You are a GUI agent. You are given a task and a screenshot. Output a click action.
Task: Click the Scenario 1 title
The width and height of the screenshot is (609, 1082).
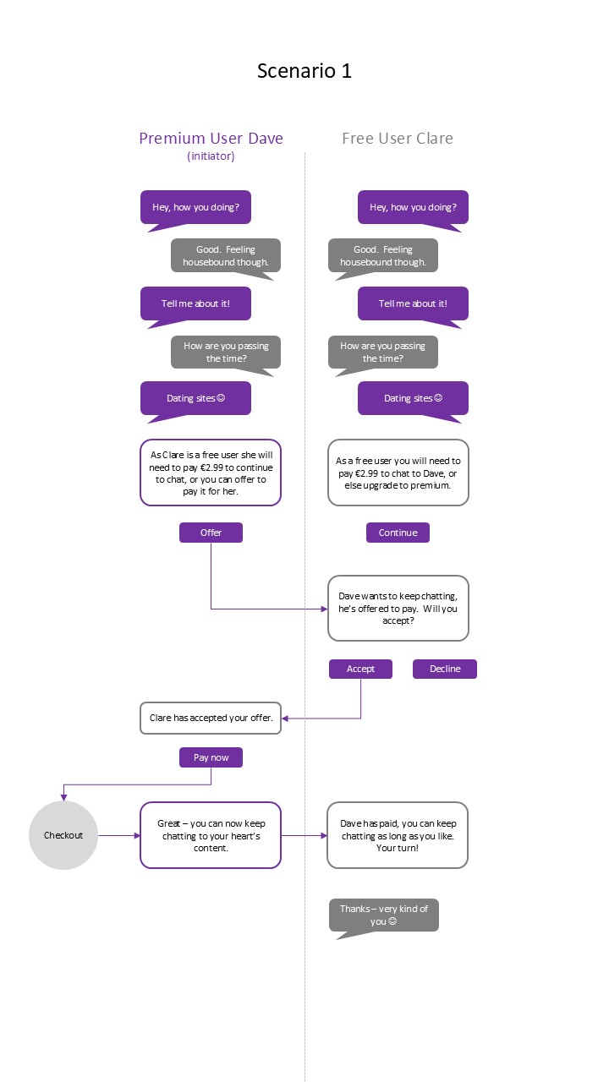point(304,71)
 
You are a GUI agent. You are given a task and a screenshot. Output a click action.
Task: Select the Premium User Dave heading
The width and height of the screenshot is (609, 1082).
point(211,138)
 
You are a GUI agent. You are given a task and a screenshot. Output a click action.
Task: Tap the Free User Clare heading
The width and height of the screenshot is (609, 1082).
point(398,138)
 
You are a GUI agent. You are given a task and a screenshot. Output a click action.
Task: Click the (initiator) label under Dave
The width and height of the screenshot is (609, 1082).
point(211,156)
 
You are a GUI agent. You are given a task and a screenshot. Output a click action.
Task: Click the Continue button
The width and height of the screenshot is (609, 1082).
point(398,533)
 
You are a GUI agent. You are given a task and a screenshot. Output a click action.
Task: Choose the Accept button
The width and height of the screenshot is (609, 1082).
point(360,669)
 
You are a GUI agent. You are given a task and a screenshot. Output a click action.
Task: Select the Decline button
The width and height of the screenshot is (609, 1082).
point(445,669)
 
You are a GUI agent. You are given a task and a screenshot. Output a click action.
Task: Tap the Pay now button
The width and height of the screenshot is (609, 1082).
point(211,757)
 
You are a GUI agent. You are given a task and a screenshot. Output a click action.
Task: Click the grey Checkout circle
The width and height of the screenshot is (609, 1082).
point(63,835)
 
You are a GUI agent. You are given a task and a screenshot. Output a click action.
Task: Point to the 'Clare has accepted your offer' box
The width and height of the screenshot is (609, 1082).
point(211,719)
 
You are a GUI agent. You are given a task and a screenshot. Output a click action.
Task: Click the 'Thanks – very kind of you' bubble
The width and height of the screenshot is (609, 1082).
point(384,915)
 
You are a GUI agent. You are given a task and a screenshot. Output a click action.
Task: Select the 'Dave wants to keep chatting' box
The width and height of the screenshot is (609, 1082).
point(398,608)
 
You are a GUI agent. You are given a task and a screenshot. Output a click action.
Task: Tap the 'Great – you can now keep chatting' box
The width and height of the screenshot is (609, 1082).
point(211,835)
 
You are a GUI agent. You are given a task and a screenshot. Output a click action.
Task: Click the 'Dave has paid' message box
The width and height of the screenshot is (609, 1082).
point(398,835)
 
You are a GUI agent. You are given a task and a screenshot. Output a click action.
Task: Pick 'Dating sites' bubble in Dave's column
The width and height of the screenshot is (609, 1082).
point(195,398)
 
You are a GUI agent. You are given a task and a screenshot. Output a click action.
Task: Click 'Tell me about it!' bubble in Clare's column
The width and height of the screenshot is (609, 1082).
point(414,303)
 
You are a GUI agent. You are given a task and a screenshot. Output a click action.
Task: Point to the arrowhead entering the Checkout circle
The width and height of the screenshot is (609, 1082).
point(63,797)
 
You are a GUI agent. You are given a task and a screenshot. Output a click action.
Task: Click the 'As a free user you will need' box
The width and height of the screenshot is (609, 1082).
point(398,473)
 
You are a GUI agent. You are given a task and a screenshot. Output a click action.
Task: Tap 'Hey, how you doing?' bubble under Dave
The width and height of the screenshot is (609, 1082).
point(195,207)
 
